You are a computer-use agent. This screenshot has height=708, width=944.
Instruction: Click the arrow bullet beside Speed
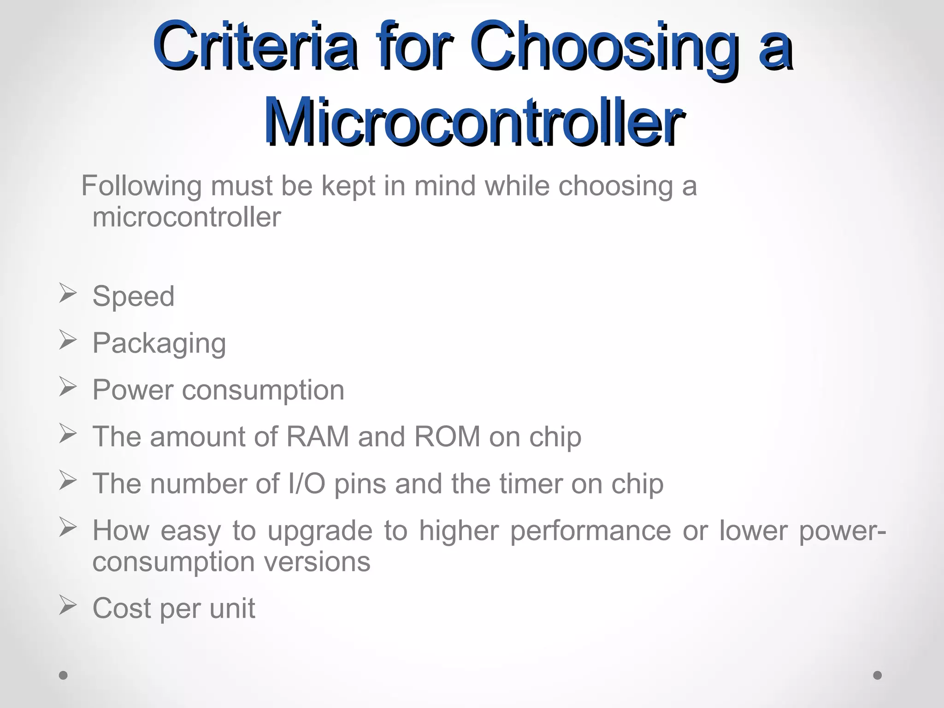(67, 294)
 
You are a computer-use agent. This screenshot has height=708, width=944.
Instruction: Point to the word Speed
(133, 296)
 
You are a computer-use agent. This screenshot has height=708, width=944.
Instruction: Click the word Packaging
(159, 344)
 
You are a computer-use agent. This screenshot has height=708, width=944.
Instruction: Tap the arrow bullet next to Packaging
(67, 341)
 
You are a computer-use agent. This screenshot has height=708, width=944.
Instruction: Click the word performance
(590, 531)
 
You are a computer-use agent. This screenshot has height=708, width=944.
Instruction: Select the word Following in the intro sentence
(142, 186)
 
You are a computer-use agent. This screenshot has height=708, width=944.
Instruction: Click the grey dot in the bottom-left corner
(63, 675)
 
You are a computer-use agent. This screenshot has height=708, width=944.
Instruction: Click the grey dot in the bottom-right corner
(878, 675)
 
